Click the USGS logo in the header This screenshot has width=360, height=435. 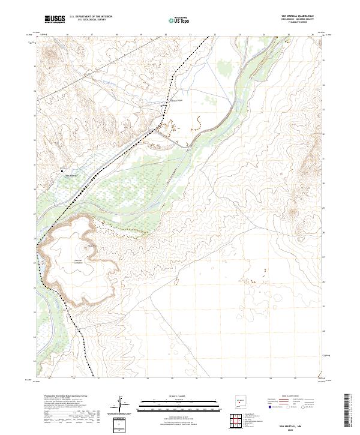[55, 19]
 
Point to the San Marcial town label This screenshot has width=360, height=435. [71, 175]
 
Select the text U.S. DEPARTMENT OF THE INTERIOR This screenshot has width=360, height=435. [91, 16]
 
